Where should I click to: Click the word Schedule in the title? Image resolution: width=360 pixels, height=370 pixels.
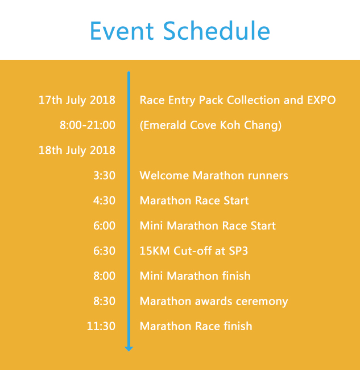pos(217,31)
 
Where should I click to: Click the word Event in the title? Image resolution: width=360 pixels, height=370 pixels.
pos(122,31)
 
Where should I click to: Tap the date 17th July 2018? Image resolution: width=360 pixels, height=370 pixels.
pos(77,100)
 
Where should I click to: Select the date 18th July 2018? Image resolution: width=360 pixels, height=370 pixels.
pos(77,150)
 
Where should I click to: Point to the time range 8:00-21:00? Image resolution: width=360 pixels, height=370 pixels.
pos(88,125)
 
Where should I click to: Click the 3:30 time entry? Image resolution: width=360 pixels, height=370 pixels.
pos(104,175)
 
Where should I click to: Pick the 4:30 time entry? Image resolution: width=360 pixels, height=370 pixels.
pos(104,200)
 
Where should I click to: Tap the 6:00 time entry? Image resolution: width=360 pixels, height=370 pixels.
pos(104,226)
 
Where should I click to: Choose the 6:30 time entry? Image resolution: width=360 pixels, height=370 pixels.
pos(104,251)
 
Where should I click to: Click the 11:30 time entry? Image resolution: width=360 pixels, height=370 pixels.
pos(101,326)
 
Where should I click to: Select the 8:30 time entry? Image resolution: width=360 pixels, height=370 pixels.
pos(104,301)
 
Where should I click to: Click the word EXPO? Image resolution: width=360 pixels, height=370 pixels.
pos(321,100)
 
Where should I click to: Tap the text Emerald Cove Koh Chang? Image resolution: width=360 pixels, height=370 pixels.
pos(210,125)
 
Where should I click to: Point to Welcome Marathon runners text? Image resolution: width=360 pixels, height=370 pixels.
pos(214,175)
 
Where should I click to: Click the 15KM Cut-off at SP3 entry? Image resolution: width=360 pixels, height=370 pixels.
pos(194,251)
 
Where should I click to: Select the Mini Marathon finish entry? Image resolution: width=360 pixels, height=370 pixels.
pos(195,276)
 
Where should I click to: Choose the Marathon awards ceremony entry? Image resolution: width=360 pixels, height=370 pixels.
pos(214,302)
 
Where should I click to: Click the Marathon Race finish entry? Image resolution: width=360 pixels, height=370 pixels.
pos(196,326)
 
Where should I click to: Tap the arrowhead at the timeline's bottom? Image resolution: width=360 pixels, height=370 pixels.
pos(129,349)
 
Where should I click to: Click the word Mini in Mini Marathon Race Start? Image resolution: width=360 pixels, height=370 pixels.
pos(151,226)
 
